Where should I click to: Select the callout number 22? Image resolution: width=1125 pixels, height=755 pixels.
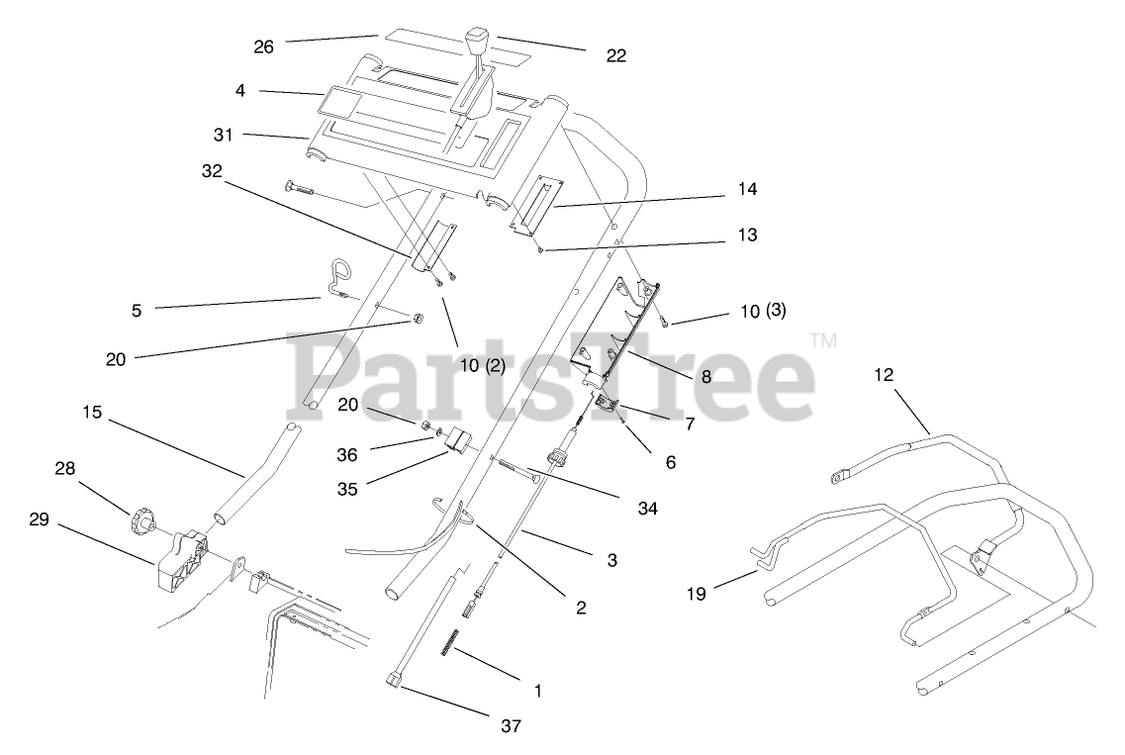point(615,55)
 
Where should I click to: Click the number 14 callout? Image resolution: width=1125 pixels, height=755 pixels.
point(746,189)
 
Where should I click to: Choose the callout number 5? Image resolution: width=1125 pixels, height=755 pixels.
point(136,310)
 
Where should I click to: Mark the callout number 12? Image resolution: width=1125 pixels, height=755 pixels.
point(884,375)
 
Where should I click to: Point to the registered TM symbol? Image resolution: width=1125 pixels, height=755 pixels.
point(823,340)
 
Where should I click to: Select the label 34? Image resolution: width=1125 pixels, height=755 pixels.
point(648,508)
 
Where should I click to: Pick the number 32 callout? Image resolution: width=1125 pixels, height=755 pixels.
point(211,171)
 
